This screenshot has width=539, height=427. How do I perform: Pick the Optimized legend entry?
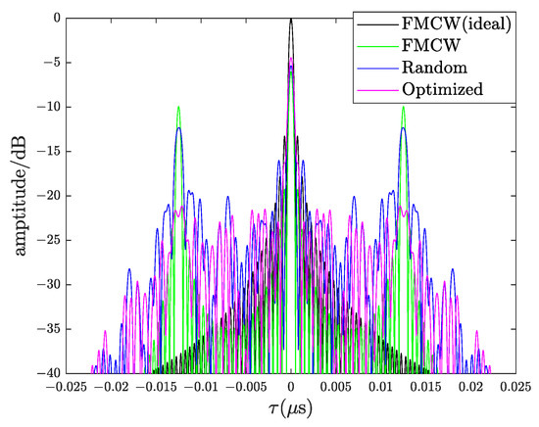[x=442, y=89]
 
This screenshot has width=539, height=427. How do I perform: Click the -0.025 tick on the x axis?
[x=65, y=387]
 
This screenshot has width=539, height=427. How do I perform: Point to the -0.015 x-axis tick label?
[x=155, y=387]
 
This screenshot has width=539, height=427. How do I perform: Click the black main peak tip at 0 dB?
[x=290, y=20]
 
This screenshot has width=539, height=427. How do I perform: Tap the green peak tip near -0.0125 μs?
[x=178, y=107]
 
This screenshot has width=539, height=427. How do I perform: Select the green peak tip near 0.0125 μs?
[x=403, y=107]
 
